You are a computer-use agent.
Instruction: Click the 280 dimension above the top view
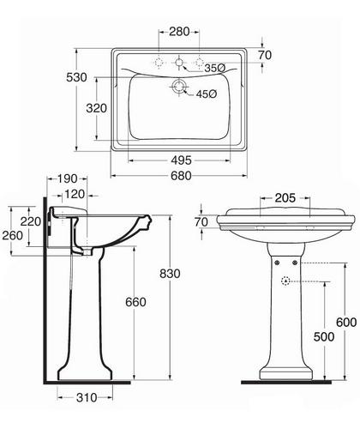pyautogui.click(x=179, y=32)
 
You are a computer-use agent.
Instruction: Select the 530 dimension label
pyautogui.click(x=76, y=77)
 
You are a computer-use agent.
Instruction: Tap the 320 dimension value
pyautogui.click(x=97, y=108)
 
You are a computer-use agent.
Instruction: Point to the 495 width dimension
pyautogui.click(x=181, y=160)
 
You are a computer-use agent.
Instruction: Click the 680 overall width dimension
pyautogui.click(x=181, y=176)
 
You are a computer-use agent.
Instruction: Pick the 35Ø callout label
pyautogui.click(x=215, y=68)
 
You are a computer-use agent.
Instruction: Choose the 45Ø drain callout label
pyautogui.click(x=207, y=94)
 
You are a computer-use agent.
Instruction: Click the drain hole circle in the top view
pyautogui.click(x=179, y=87)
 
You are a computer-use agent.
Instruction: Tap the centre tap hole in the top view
pyautogui.click(x=179, y=62)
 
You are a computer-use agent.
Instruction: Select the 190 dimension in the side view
pyautogui.click(x=68, y=178)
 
